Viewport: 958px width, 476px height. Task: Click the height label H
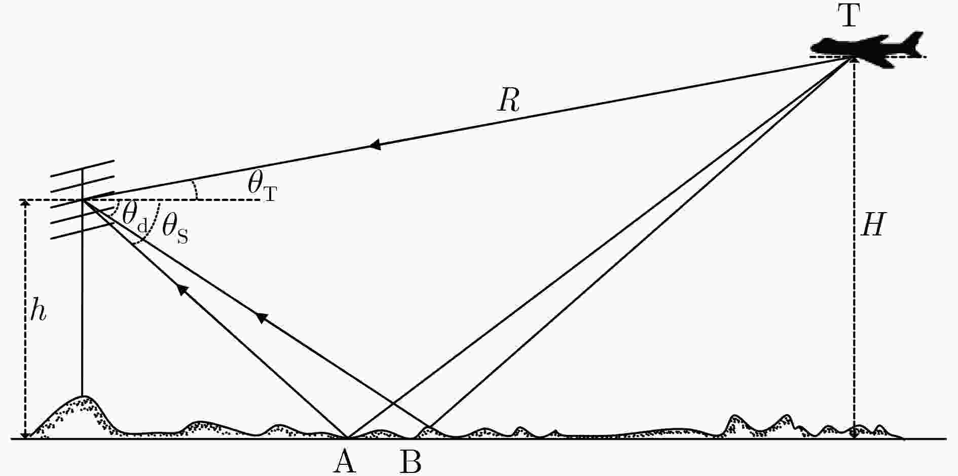coord(873,224)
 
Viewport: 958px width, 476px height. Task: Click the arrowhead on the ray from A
coord(182,289)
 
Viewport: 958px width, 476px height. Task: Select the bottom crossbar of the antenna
coord(83,230)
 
